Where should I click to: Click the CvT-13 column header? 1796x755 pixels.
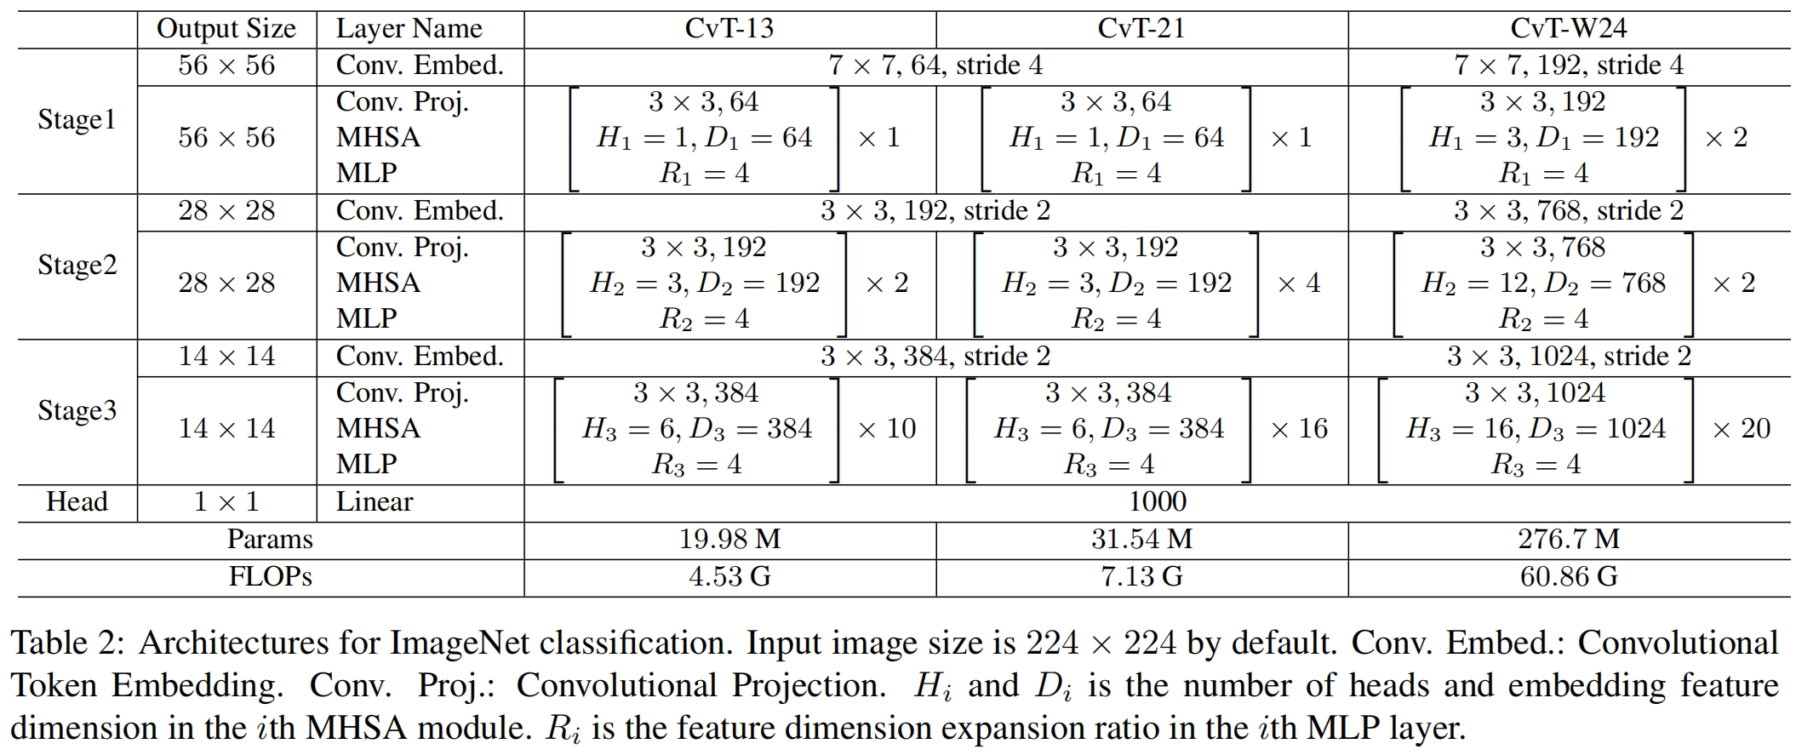tap(729, 29)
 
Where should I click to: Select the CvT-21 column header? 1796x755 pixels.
tap(1141, 29)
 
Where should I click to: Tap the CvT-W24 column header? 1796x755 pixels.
tap(1568, 29)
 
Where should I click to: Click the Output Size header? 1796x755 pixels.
tap(226, 29)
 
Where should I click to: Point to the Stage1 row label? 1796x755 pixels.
tap(77, 120)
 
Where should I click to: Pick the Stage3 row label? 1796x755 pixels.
tap(77, 411)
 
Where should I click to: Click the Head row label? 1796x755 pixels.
tap(77, 502)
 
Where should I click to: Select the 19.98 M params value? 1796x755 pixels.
tap(729, 540)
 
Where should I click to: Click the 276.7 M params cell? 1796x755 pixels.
tap(1568, 540)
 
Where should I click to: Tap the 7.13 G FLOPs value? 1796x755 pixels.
tap(1141, 577)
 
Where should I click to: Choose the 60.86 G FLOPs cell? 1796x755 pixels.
tap(1568, 577)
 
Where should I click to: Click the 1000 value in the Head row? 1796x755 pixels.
tap(1157, 502)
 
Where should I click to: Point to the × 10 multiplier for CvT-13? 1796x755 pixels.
tap(887, 429)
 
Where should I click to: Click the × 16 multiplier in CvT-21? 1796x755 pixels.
tap(1299, 429)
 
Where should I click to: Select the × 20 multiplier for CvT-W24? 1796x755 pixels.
tap(1742, 429)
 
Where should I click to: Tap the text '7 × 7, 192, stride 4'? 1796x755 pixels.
tap(1568, 66)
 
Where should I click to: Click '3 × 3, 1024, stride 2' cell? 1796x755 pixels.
tap(1568, 357)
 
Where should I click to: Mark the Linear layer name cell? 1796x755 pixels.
tap(375, 502)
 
